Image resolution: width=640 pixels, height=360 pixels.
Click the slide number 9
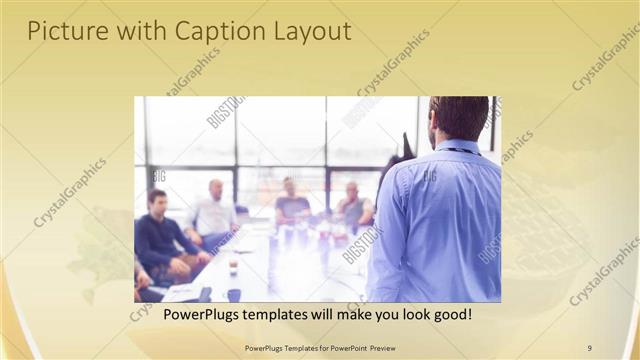tap(589, 347)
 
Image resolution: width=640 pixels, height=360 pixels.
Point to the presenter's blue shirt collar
tap(455, 145)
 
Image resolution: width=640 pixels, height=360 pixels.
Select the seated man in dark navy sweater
tap(160, 236)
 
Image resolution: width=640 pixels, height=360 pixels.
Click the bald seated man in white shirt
tap(214, 212)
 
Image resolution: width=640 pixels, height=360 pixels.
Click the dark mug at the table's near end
tap(233, 295)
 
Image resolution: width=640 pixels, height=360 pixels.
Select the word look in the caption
tap(404, 314)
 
